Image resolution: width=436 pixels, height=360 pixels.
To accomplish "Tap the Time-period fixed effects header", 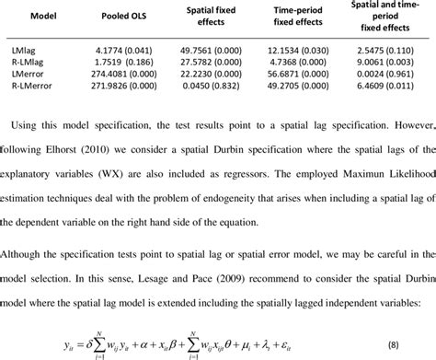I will (287, 17).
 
